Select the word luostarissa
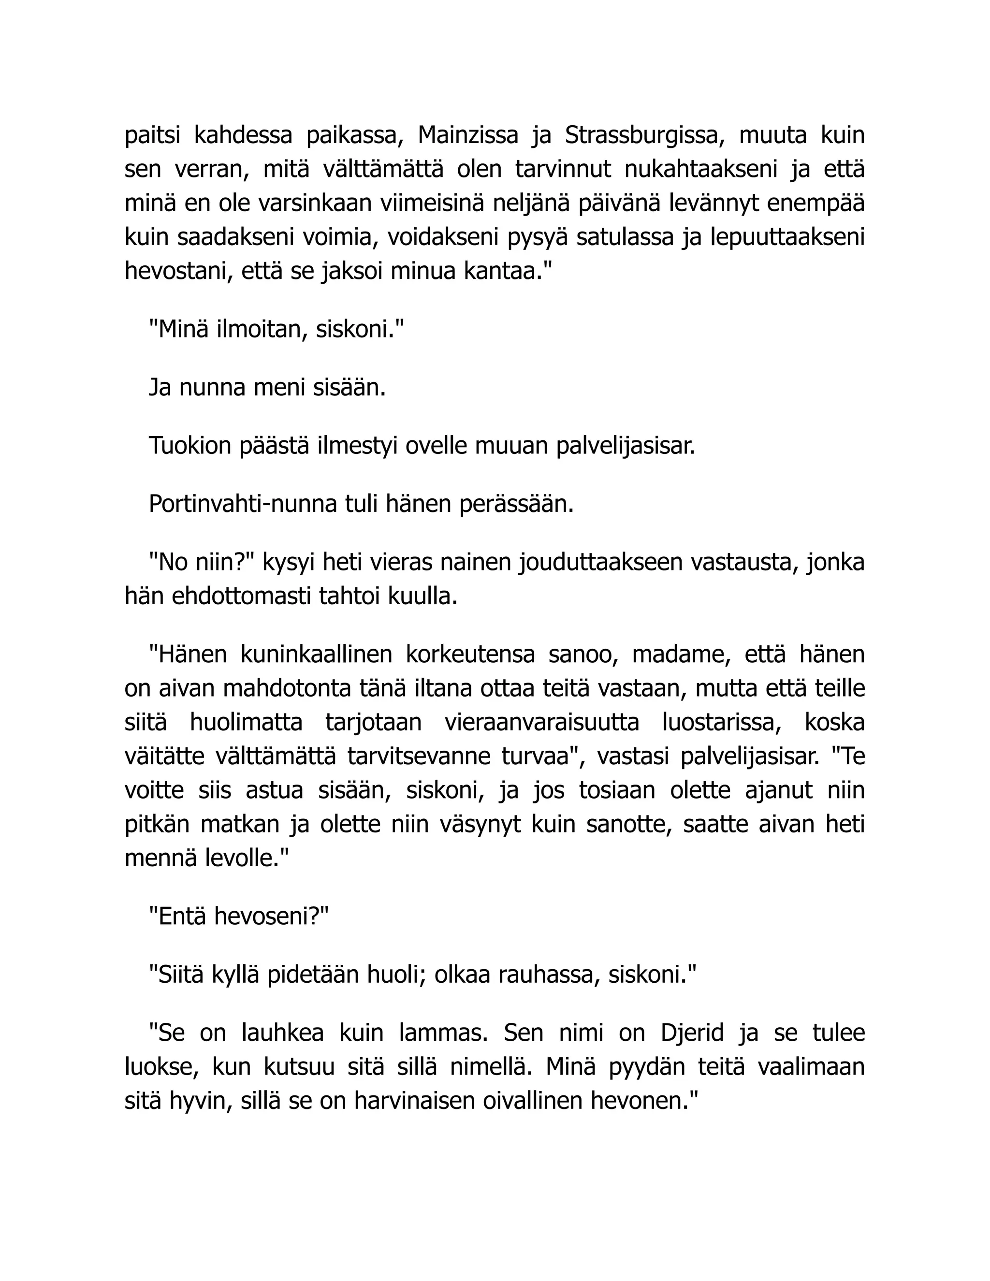pyautogui.click(x=722, y=722)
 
